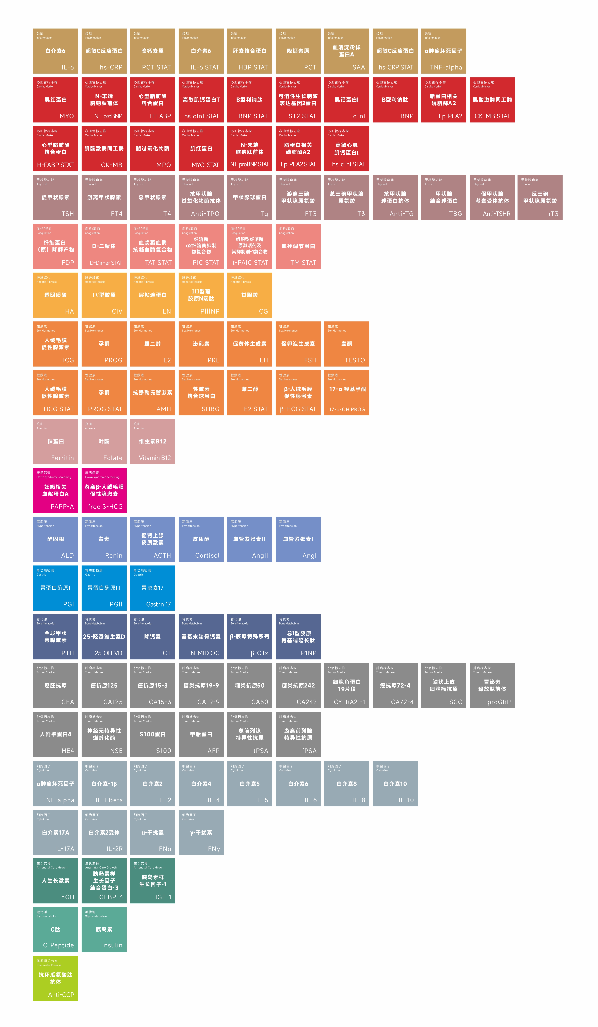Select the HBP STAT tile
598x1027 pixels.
coord(249,51)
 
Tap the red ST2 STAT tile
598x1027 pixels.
coord(298,100)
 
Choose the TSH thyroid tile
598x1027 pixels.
coord(55,197)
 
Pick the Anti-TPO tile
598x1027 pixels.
coord(201,197)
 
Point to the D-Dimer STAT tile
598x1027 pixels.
coord(104,246)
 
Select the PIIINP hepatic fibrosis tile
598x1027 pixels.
coord(201,295)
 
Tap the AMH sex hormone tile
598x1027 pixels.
coord(152,392)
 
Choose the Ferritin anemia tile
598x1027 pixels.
coord(55,441)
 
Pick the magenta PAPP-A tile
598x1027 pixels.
coord(55,490)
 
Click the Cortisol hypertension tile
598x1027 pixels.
coord(201,539)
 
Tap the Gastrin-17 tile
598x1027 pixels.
coord(152,588)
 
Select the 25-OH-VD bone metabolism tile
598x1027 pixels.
coord(104,637)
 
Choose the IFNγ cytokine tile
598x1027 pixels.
coord(201,832)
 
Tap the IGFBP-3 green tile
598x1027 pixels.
coord(104,881)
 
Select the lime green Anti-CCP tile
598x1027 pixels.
coord(55,978)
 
